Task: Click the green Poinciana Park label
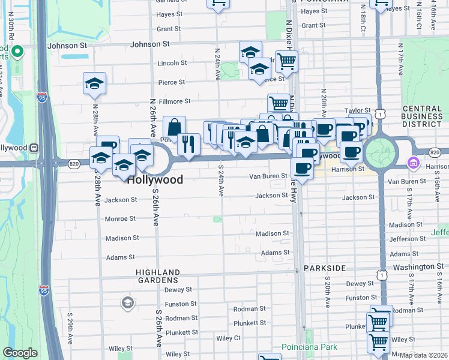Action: pyautogui.click(x=309, y=347)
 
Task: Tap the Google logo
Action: pyautogui.click(x=20, y=353)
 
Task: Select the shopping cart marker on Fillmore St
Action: pyautogui.click(x=279, y=103)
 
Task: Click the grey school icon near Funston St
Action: pyautogui.click(x=127, y=303)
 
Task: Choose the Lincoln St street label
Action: pyautogui.click(x=172, y=63)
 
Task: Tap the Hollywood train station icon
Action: pyautogui.click(x=34, y=148)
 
